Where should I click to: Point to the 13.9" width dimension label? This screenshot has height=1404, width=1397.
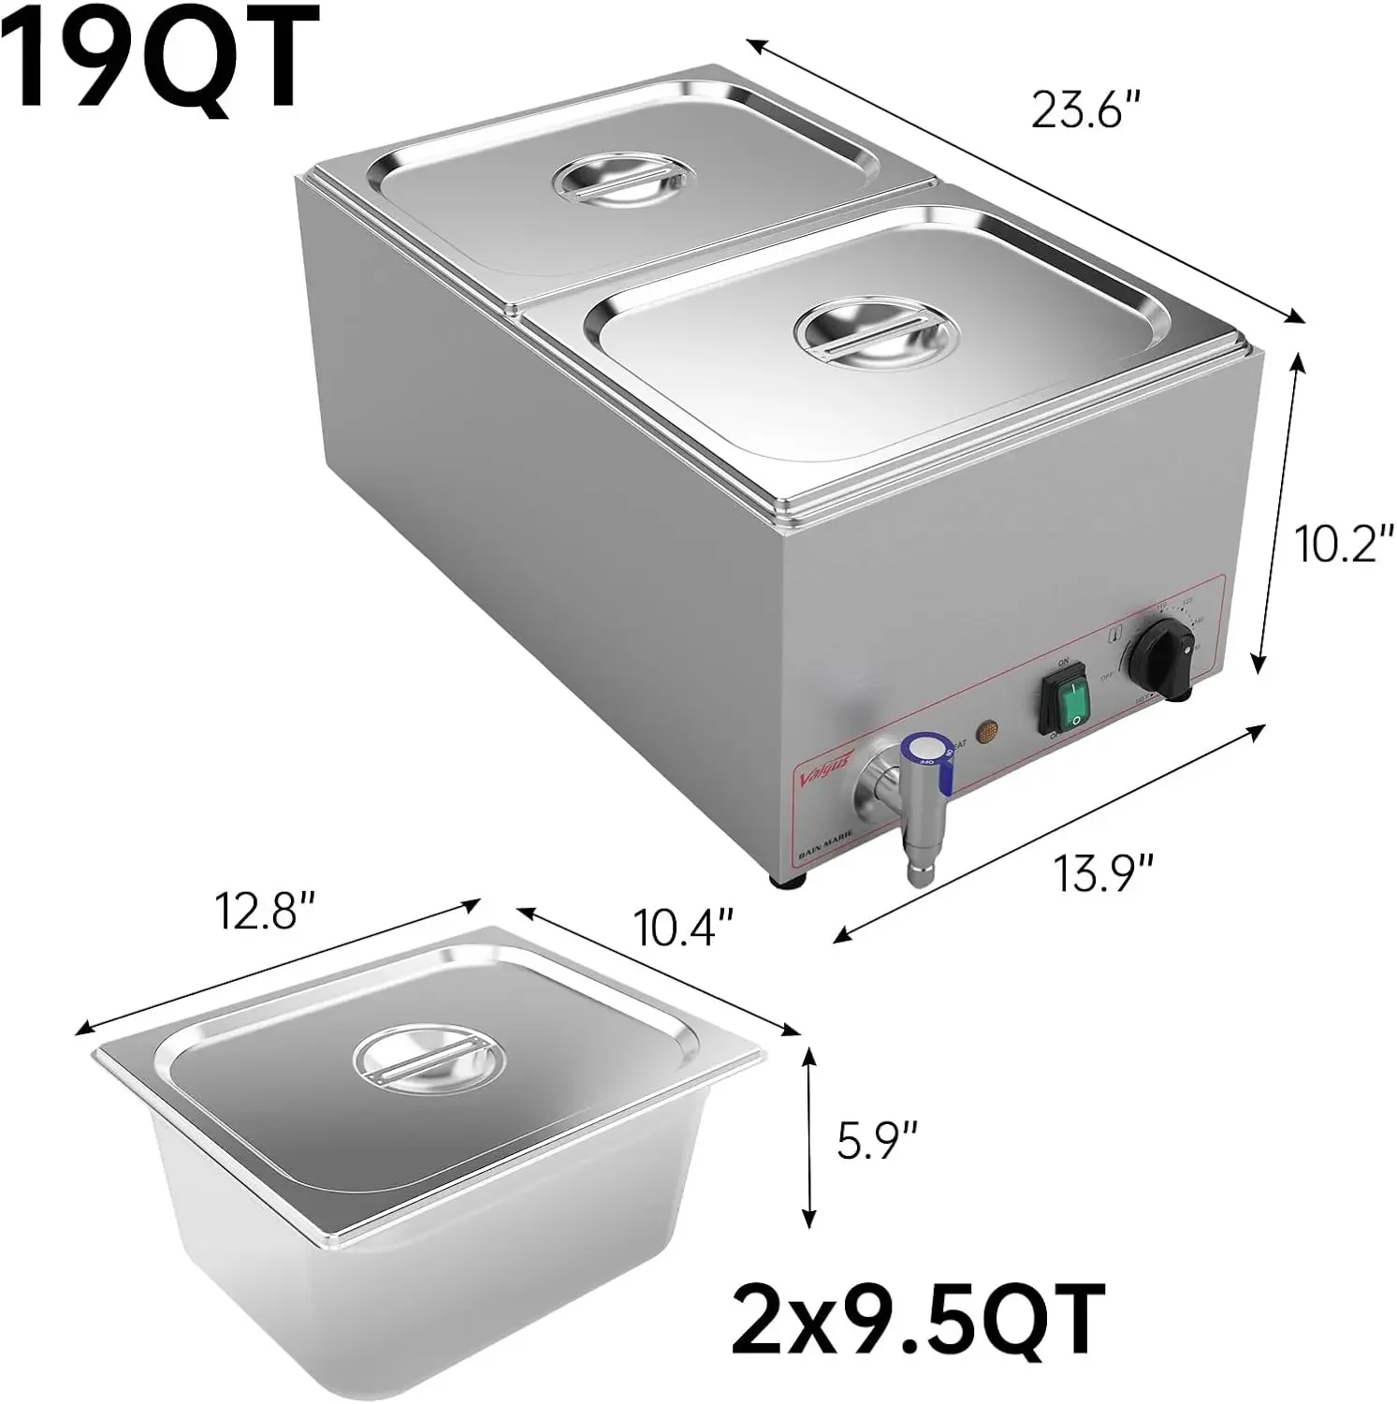[1104, 875]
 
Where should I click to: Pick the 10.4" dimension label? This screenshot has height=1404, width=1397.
[680, 929]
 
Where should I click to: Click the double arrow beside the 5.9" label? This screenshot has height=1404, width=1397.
[808, 1137]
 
